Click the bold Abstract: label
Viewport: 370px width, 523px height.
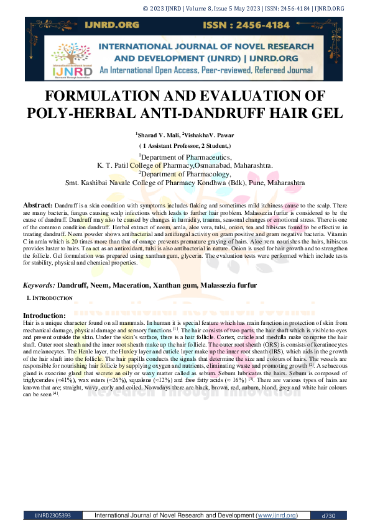(x=37, y=204)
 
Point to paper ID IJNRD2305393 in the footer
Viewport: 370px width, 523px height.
(x=49, y=516)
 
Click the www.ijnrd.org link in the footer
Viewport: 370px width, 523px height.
(x=277, y=516)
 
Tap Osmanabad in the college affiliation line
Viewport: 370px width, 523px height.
(x=219, y=166)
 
